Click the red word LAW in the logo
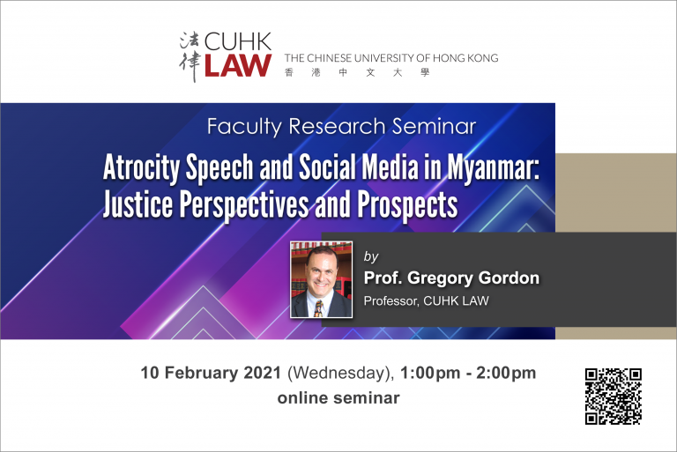[238, 65]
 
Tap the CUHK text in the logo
[238, 42]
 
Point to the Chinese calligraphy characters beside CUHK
[190, 56]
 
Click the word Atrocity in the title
[141, 168]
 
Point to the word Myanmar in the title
[493, 167]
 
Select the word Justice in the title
[138, 204]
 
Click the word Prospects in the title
[407, 204]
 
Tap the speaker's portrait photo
[321, 280]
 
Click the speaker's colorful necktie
[319, 308]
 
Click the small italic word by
[371, 256]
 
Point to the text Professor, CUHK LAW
[426, 301]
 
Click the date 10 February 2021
[211, 373]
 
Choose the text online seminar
[338, 397]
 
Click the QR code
[614, 396]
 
